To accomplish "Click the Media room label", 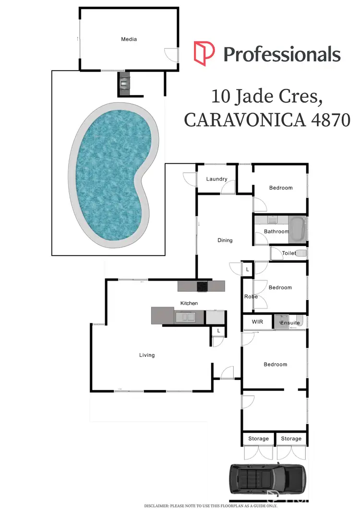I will (x=128, y=39).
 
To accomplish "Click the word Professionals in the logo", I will (x=282, y=54).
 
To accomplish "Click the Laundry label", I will (x=216, y=179).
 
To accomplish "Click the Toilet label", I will (x=289, y=253).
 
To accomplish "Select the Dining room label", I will (x=225, y=240).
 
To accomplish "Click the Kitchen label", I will (x=189, y=303).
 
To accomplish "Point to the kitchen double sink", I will (x=185, y=317).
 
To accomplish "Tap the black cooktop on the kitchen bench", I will (x=203, y=286).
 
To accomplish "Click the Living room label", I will (x=147, y=355).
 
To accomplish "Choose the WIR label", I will (x=258, y=322).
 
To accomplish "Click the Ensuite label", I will (x=290, y=323).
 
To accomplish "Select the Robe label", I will (x=251, y=296).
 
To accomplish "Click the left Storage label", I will (x=258, y=438).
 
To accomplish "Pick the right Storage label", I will (x=291, y=438).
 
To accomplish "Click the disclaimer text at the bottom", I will (x=211, y=506).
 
